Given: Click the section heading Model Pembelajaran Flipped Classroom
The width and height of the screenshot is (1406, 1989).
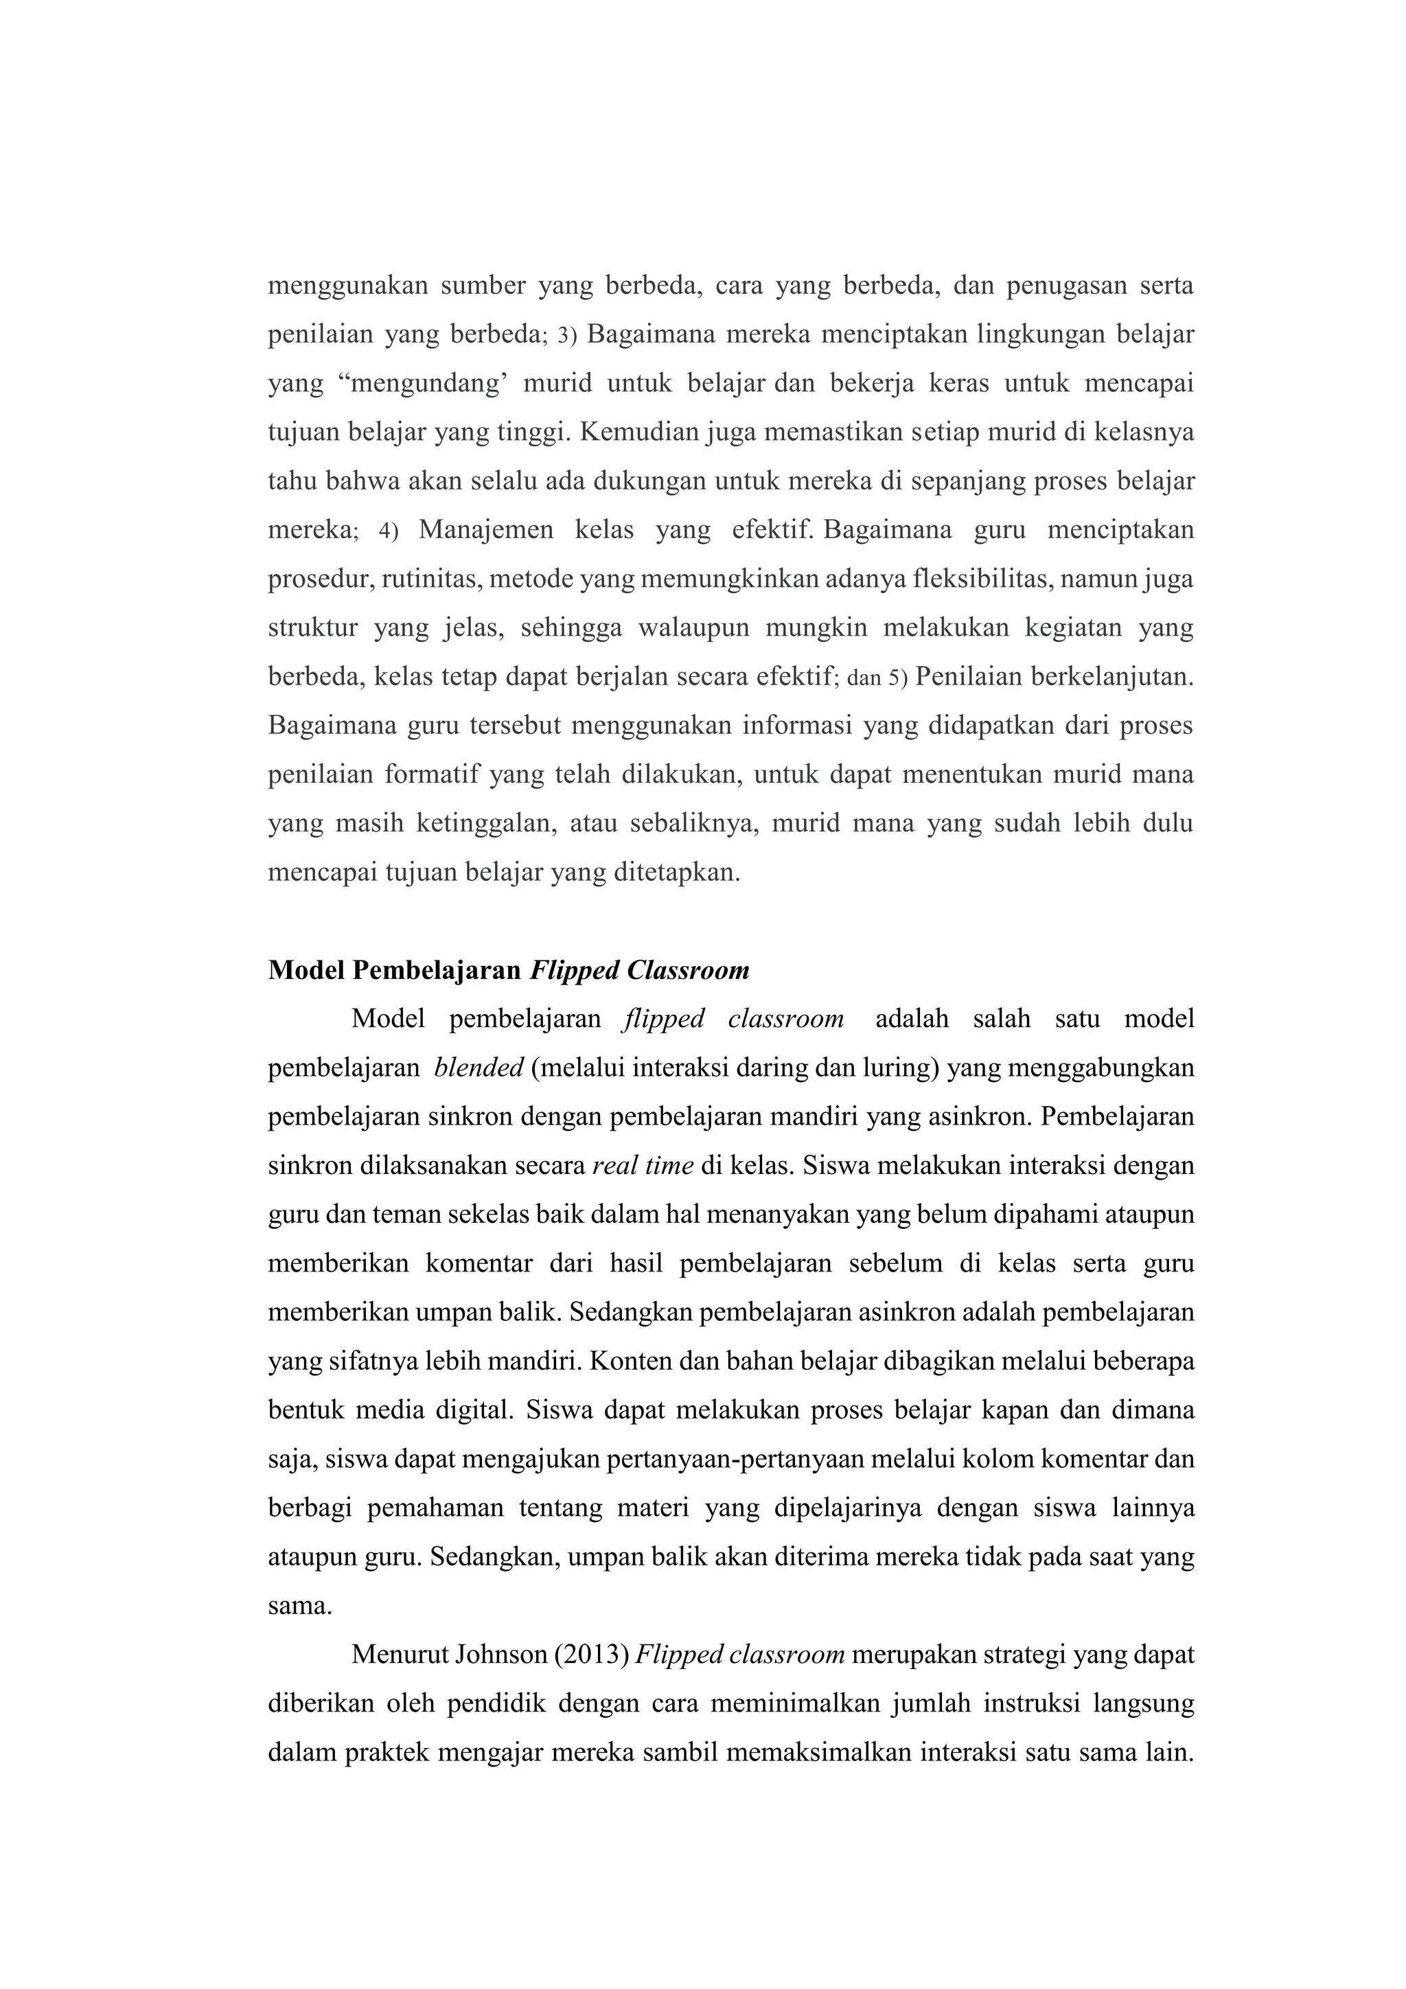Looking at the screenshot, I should [509, 970].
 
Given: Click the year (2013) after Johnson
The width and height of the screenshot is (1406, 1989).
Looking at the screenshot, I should [591, 1655].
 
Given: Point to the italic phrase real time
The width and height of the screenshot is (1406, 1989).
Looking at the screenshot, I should [643, 1166].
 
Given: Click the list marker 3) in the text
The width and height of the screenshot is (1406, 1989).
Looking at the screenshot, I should [566, 335].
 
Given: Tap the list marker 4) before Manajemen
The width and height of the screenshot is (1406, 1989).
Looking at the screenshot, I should [388, 530].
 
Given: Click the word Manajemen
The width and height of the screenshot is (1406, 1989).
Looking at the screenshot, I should [486, 530].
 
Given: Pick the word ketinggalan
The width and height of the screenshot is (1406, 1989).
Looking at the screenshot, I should [486, 823].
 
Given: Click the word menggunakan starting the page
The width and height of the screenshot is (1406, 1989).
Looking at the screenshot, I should [347, 286].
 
